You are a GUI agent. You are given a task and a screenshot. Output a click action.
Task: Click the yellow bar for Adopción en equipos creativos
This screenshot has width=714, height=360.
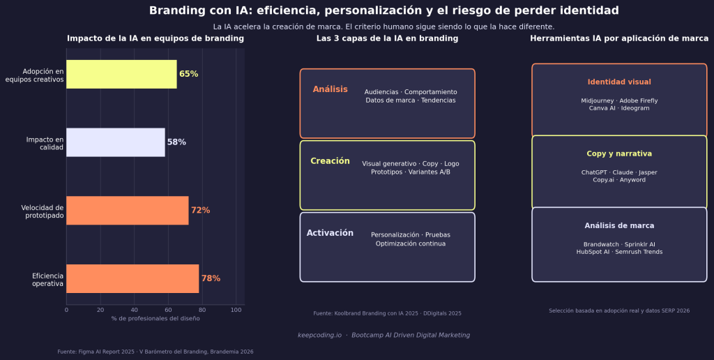pyautogui.click(x=121, y=74)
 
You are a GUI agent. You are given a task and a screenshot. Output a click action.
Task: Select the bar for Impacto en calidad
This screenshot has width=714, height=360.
pyautogui.click(x=116, y=142)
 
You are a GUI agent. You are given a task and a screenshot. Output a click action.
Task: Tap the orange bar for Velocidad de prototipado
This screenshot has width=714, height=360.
pyautogui.click(x=128, y=210)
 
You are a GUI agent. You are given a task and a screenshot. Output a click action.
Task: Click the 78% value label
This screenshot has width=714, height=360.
pyautogui.click(x=211, y=278)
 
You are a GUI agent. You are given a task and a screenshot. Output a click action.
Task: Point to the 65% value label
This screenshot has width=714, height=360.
pyautogui.click(x=188, y=74)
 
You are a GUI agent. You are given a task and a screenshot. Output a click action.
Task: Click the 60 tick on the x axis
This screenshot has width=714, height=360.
pyautogui.click(x=168, y=310)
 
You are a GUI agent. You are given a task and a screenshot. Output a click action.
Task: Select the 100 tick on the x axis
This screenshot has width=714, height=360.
pyautogui.click(x=236, y=310)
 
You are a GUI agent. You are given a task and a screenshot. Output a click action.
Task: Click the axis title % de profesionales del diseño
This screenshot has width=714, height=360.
pyautogui.click(x=155, y=318)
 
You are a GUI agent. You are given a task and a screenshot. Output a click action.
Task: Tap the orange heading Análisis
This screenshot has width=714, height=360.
pyautogui.click(x=330, y=89)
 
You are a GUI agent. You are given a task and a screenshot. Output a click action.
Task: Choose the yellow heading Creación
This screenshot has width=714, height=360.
pyautogui.click(x=330, y=161)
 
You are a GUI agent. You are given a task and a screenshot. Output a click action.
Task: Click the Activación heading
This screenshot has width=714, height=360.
pyautogui.click(x=330, y=233)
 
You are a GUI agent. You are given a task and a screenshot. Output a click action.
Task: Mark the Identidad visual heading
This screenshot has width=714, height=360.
pyautogui.click(x=619, y=82)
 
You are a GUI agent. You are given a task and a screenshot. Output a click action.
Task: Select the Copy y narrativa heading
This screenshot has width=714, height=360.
pyautogui.click(x=619, y=153)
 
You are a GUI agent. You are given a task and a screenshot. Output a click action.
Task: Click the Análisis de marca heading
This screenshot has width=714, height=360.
pyautogui.click(x=619, y=226)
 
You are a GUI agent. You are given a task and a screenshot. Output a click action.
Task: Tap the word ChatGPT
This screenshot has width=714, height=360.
pyautogui.click(x=595, y=172)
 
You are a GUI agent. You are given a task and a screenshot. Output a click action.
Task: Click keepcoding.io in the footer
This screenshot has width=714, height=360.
pyautogui.click(x=319, y=335)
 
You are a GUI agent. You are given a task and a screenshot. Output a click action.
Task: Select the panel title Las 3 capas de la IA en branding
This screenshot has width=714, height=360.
pyautogui.click(x=387, y=38)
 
